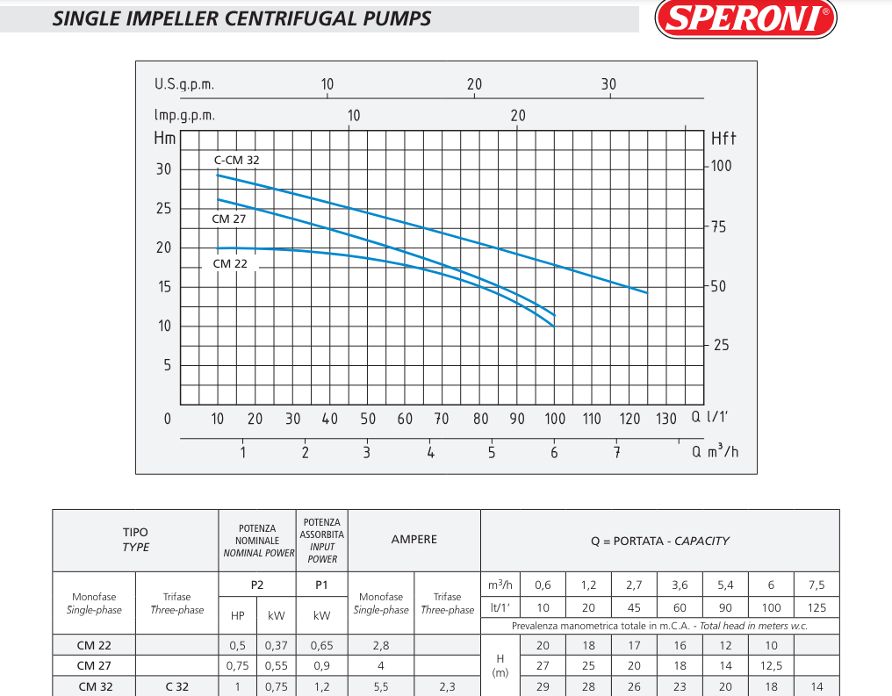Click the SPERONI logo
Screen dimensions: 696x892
pyautogui.click(x=745, y=18)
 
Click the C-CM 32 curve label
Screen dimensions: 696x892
pyautogui.click(x=237, y=160)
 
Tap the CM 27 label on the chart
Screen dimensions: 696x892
pyautogui.click(x=229, y=219)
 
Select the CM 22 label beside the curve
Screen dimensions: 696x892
pyautogui.click(x=230, y=263)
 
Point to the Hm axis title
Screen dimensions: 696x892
pyautogui.click(x=165, y=138)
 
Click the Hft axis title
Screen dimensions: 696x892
pyautogui.click(x=723, y=138)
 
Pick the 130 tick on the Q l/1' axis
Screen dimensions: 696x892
pyautogui.click(x=666, y=419)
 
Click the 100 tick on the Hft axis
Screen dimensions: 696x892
pyautogui.click(x=721, y=166)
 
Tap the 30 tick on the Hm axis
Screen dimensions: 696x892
pyautogui.click(x=164, y=169)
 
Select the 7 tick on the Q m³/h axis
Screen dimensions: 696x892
pyautogui.click(x=617, y=452)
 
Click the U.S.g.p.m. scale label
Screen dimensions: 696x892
pyautogui.click(x=184, y=84)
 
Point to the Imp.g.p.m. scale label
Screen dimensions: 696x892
pyautogui.click(x=184, y=115)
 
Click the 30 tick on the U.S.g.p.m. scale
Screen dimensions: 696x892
pyautogui.click(x=608, y=84)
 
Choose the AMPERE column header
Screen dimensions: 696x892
pyautogui.click(x=414, y=540)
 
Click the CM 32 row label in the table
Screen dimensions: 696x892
pyautogui.click(x=95, y=686)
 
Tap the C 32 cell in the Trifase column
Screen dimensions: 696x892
pyautogui.click(x=177, y=686)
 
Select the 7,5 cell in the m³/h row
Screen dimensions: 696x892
pyautogui.click(x=816, y=585)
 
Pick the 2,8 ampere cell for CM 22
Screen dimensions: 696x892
pyautogui.click(x=380, y=645)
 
